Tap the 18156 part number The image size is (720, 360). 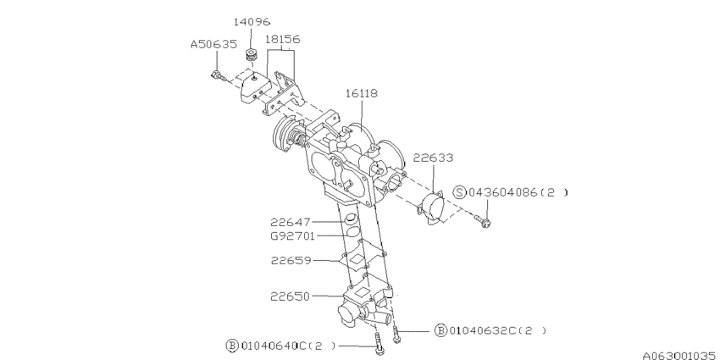click(282, 39)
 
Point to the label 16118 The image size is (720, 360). click(361, 93)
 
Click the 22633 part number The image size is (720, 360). click(433, 157)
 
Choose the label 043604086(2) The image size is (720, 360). click(517, 192)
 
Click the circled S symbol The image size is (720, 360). click(460, 192)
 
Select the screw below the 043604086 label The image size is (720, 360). click(485, 222)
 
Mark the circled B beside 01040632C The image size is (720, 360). click(440, 330)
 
